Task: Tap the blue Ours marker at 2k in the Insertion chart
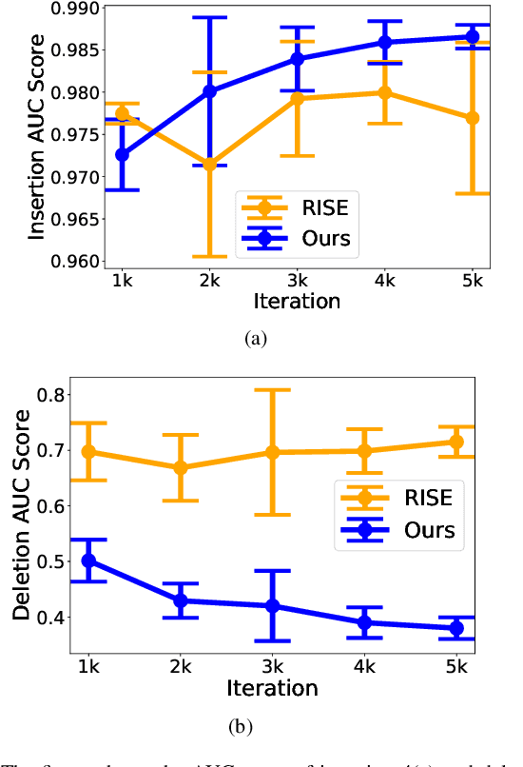(x=209, y=91)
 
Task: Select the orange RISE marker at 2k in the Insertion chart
(x=209, y=164)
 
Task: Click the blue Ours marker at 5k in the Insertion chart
(x=472, y=37)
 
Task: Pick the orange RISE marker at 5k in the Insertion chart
(x=472, y=118)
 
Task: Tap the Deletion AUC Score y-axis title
(x=21, y=515)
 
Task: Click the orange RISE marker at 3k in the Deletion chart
(x=273, y=453)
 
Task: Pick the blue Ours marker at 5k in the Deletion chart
(x=455, y=628)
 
